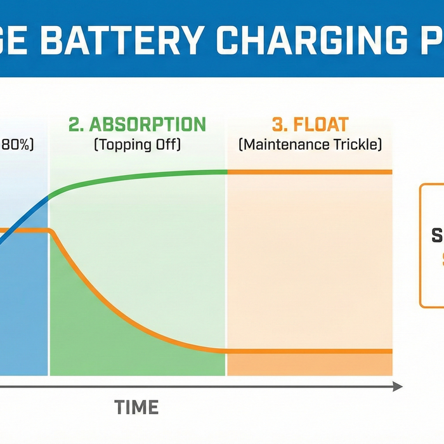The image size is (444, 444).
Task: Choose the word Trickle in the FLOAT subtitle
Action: [x=355, y=145]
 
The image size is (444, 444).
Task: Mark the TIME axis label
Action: [x=136, y=407]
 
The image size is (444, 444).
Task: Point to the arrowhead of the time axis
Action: [x=397, y=386]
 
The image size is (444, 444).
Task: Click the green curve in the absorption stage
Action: [x=127, y=176]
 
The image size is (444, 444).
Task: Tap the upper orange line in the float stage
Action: [x=311, y=172]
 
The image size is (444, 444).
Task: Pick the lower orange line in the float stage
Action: [x=311, y=351]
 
